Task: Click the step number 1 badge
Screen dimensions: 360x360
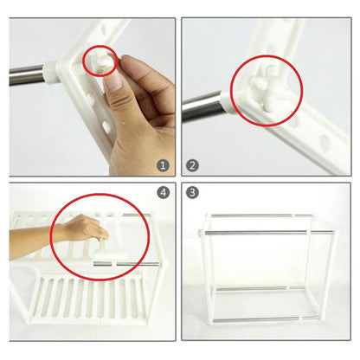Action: click(x=163, y=165)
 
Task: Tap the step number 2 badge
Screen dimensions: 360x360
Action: click(x=193, y=165)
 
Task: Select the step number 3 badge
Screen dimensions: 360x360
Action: click(x=193, y=192)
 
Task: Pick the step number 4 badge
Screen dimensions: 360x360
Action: click(x=164, y=192)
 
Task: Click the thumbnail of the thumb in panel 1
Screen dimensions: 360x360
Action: click(x=114, y=82)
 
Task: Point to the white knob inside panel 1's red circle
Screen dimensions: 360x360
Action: click(x=101, y=63)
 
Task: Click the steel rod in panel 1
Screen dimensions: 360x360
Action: click(x=27, y=74)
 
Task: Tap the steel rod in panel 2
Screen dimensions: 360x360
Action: click(x=202, y=106)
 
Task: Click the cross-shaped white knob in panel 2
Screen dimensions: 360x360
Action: click(x=266, y=87)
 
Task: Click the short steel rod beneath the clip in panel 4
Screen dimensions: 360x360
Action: click(x=102, y=264)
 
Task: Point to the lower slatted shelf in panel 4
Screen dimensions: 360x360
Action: click(x=87, y=300)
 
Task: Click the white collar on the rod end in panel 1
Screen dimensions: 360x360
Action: click(x=51, y=74)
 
